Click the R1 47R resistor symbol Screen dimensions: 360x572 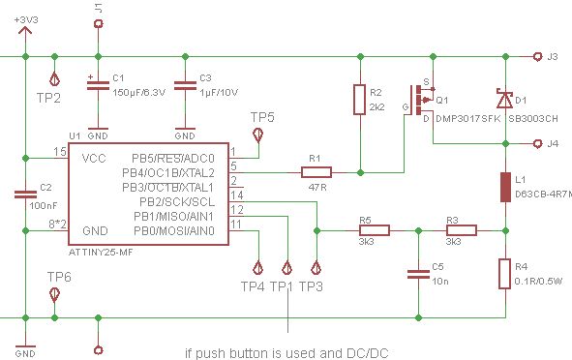pyautogui.click(x=316, y=172)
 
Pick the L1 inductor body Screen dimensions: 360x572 pyautogui.click(x=503, y=187)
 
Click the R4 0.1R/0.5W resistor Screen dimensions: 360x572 pyautogui.click(x=503, y=274)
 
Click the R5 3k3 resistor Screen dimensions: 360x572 pyautogui.click(x=374, y=230)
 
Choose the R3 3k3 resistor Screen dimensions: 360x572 pyautogui.click(x=461, y=230)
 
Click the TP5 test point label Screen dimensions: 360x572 pyautogui.click(x=262, y=117)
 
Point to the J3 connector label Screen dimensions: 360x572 pyautogui.click(x=553, y=57)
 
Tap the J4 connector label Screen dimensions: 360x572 pyautogui.click(x=553, y=144)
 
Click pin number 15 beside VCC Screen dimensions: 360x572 pyautogui.click(x=59, y=152)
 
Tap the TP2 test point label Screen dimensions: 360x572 pyautogui.click(x=48, y=97)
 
